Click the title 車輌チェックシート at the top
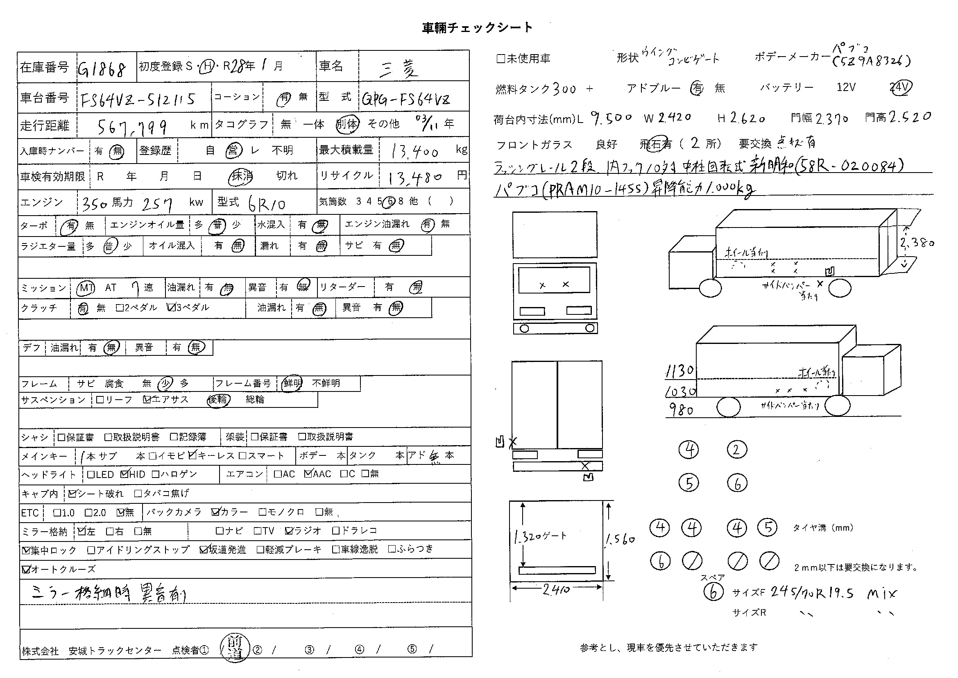point(477,27)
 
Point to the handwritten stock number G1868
point(102,68)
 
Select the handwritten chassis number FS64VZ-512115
point(138,100)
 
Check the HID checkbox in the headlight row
point(125,474)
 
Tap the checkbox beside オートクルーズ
point(26,569)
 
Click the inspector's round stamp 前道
point(235,648)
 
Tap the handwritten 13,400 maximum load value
point(415,151)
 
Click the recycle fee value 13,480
point(415,178)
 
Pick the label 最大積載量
point(346,150)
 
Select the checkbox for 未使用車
point(501,59)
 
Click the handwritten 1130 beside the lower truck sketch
point(680,371)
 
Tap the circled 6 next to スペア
point(713,592)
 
